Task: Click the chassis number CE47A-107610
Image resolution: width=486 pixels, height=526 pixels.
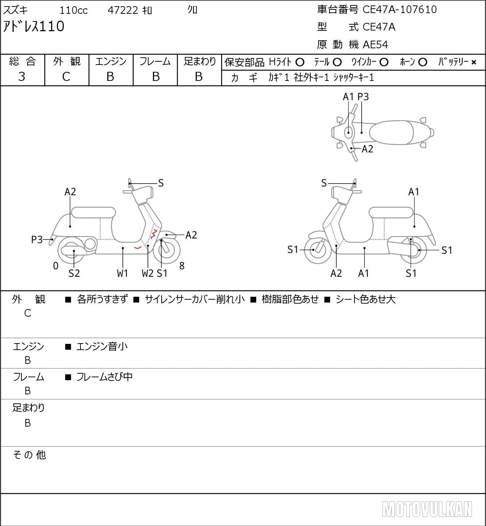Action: (x=399, y=9)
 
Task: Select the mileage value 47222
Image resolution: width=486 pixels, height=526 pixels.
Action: (x=123, y=10)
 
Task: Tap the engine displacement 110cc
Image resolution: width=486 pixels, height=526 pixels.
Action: (x=74, y=10)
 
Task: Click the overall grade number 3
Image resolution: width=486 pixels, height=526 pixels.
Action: (x=22, y=77)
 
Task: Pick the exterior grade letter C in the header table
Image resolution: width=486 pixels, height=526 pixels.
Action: (x=66, y=77)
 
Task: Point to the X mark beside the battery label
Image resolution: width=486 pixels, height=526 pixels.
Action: (x=474, y=62)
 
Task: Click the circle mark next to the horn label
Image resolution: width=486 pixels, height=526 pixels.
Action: (x=423, y=62)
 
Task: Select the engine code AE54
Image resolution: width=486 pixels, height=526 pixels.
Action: (x=375, y=45)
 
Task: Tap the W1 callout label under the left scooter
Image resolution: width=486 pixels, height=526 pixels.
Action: (x=122, y=273)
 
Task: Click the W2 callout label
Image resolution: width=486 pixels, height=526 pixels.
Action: (x=148, y=273)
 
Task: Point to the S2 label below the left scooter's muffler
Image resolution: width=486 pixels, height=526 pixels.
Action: (x=74, y=273)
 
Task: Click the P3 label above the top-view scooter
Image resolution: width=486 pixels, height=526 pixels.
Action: (x=363, y=96)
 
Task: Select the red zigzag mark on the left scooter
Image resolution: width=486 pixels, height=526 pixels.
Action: (x=154, y=234)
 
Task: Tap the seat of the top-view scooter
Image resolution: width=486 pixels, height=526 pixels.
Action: (x=391, y=132)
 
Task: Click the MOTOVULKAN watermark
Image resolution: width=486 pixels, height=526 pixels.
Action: (x=427, y=509)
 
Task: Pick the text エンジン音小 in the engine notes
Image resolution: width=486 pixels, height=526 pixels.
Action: (x=102, y=346)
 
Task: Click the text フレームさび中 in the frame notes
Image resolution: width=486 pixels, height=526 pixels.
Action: (x=104, y=377)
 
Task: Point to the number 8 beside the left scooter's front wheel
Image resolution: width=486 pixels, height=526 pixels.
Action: (x=182, y=266)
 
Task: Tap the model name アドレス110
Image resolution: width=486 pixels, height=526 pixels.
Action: (x=34, y=26)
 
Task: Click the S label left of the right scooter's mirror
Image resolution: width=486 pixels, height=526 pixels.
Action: (x=324, y=183)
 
